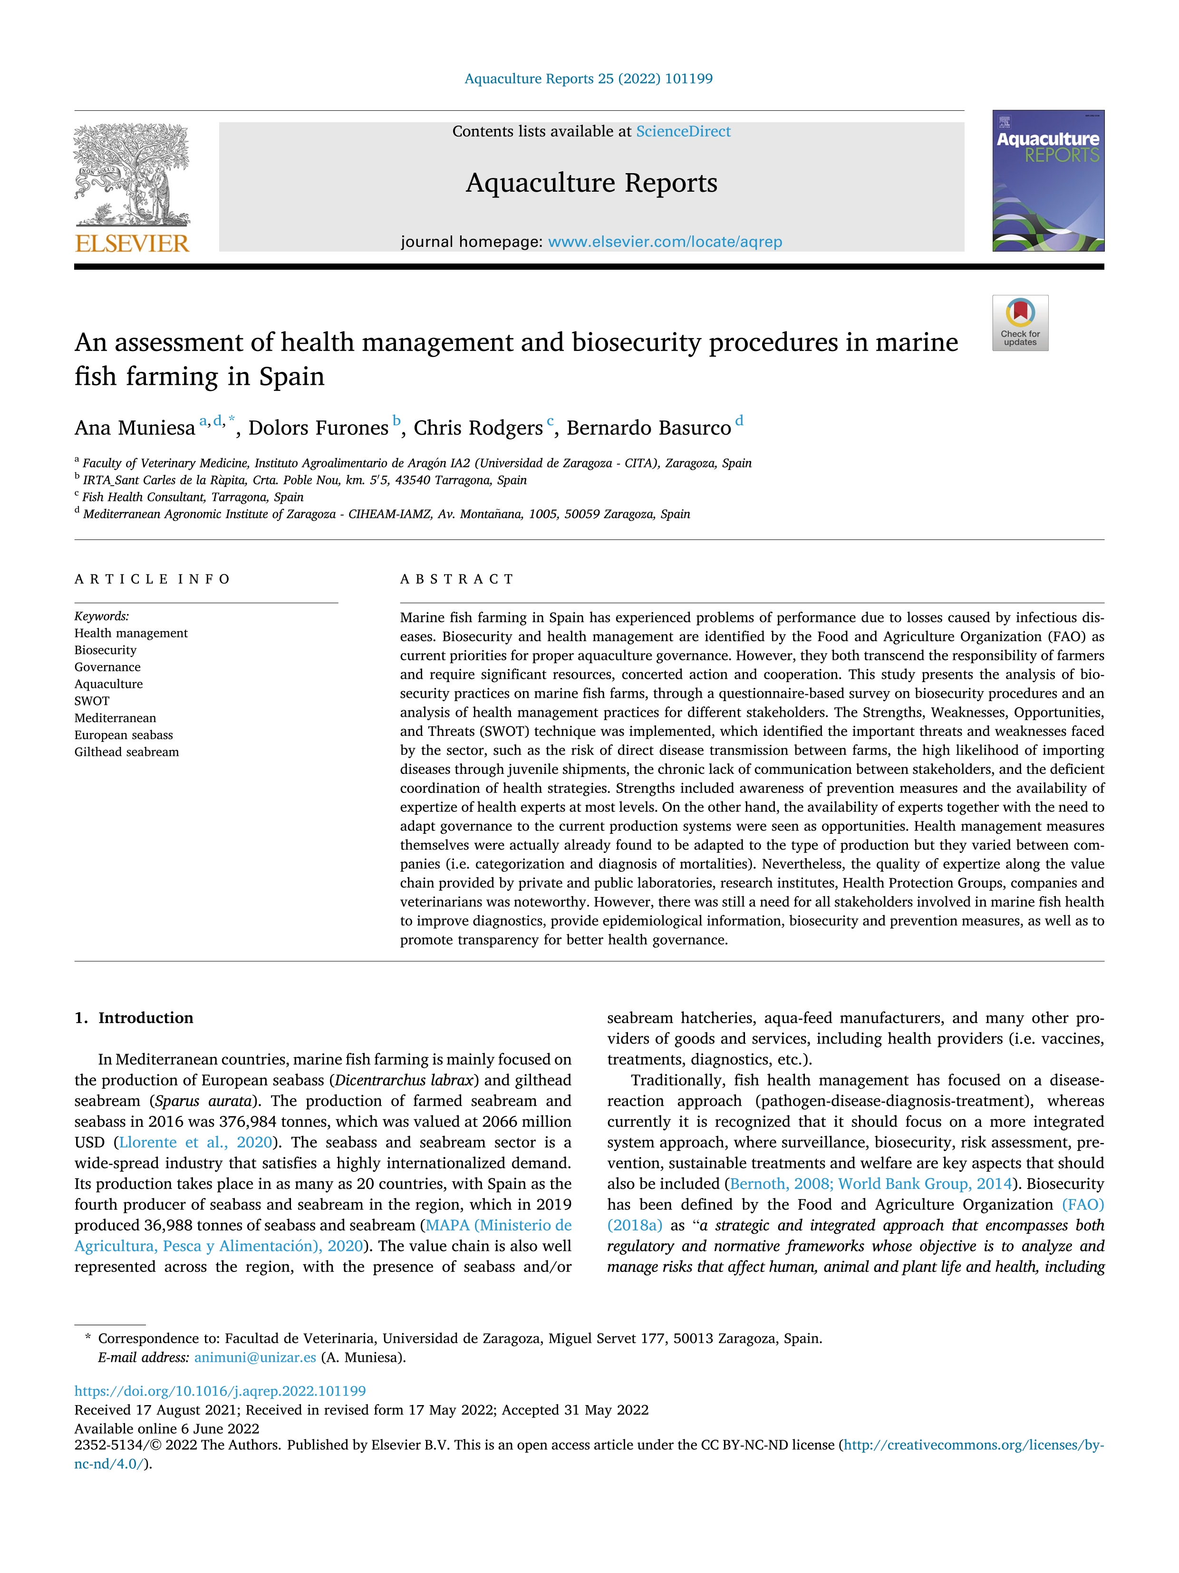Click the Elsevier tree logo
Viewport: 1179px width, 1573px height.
(132, 174)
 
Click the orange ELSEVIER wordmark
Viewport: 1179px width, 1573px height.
(132, 244)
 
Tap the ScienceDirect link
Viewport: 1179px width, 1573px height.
(683, 132)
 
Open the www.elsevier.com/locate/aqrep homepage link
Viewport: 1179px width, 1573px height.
(665, 242)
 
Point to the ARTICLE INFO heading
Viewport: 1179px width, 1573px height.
(152, 579)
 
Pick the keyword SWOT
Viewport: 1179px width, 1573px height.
(92, 701)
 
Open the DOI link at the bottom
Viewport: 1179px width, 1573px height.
(220, 1391)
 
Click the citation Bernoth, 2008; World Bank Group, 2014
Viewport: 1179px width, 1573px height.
(870, 1184)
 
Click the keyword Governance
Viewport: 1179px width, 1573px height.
(107, 667)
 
